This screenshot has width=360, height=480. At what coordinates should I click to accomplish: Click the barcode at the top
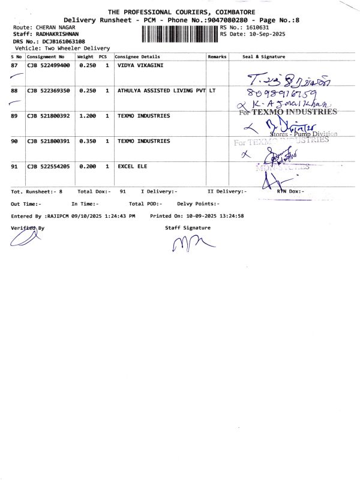tap(181, 34)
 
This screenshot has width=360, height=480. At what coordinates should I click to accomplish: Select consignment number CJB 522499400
tap(49, 65)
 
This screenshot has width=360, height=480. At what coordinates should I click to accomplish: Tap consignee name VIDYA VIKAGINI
tap(140, 65)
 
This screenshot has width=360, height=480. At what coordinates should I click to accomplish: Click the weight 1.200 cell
tap(88, 116)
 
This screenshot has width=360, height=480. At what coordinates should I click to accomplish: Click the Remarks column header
tap(217, 56)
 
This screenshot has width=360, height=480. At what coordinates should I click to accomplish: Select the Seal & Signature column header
tap(263, 56)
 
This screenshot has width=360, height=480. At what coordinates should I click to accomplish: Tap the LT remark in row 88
tap(212, 91)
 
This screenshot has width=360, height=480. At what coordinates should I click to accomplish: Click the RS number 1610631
tap(256, 28)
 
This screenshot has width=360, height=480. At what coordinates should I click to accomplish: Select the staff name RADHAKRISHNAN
tap(54, 34)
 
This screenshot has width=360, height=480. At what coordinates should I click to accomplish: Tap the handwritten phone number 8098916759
tap(290, 94)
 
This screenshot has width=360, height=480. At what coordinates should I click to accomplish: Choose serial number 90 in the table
tap(14, 141)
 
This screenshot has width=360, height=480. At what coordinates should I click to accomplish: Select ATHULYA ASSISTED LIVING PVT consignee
tap(161, 91)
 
